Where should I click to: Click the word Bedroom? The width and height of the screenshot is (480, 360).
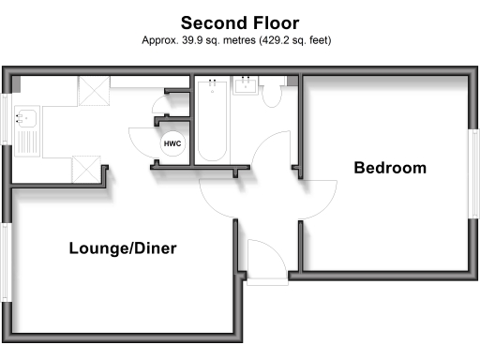389,169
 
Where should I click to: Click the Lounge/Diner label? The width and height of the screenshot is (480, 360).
123,248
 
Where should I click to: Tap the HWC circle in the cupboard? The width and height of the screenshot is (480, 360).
172,143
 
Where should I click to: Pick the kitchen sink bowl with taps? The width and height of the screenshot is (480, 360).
27,119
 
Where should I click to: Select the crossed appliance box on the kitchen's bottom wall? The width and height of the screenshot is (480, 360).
86,169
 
